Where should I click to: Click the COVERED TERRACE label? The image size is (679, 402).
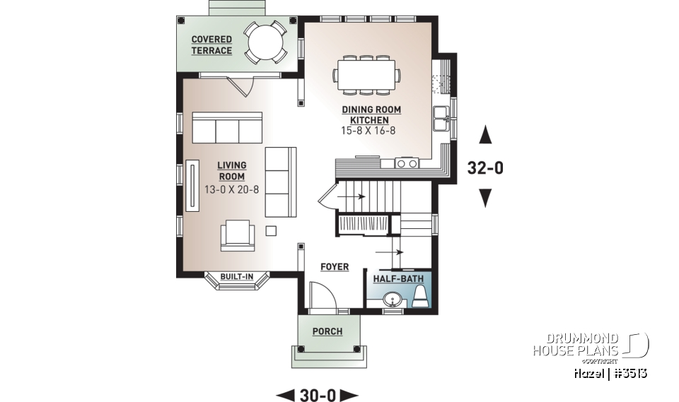tap(211, 45)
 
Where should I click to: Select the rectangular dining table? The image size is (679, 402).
tap(366, 75)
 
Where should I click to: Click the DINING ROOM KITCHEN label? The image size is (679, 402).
tap(371, 115)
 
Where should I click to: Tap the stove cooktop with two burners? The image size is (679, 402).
tap(407, 163)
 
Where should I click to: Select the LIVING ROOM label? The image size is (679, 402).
tap(231, 171)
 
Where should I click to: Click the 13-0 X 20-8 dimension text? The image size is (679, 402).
tap(231, 189)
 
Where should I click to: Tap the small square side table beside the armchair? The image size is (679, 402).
tap(271, 230)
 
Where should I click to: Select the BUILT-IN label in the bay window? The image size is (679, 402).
tap(236, 277)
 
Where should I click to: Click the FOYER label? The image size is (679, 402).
tap(335, 267)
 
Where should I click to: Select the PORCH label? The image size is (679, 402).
tap(327, 331)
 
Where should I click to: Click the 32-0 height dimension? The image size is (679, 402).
tap(485, 168)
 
